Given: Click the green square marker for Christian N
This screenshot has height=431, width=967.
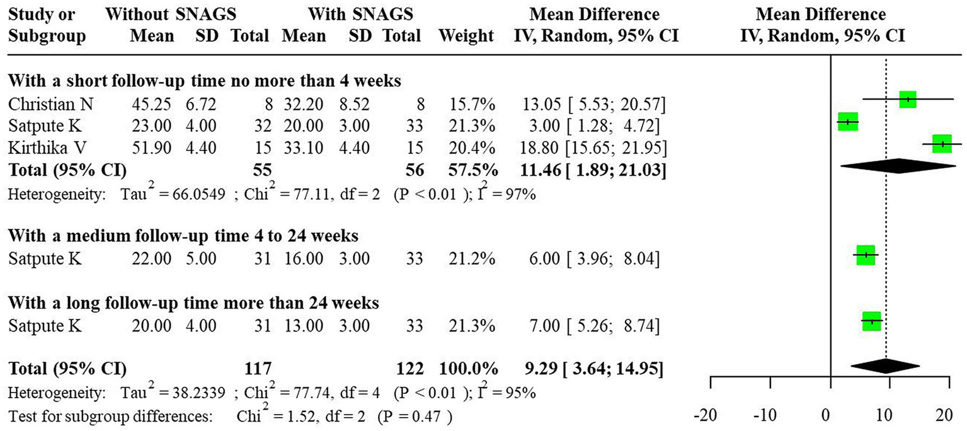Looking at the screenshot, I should click(907, 100).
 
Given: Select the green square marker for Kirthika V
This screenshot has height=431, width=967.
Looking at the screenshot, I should click(942, 144).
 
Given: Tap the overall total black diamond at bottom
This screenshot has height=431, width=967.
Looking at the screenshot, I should click(885, 366).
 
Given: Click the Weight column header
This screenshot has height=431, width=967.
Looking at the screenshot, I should click(467, 36).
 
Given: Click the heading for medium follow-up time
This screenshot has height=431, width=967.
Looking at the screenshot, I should click(183, 236).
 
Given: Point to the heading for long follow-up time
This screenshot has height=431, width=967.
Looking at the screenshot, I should click(193, 304).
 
